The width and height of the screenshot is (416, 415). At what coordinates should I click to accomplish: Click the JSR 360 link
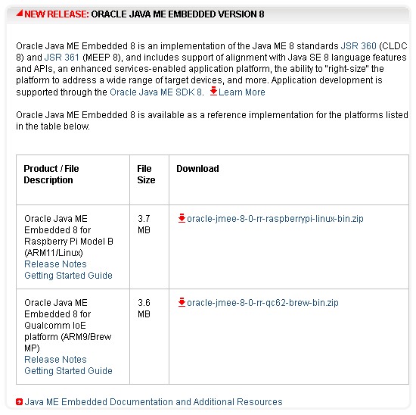359,46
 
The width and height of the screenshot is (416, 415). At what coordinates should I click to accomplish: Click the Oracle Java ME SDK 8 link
157,92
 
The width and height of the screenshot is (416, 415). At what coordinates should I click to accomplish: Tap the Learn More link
242,92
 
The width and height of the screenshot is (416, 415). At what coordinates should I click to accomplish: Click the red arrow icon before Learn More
213,91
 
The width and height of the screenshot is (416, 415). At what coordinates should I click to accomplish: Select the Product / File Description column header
51,174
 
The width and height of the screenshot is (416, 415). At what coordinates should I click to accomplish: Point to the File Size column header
146,174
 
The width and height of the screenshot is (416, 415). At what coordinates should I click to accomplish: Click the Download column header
197,169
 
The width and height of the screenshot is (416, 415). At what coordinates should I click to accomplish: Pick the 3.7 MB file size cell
144,224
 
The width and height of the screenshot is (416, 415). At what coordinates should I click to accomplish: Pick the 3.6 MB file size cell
144,308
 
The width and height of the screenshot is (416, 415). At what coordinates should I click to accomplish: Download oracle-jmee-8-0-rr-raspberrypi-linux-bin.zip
275,219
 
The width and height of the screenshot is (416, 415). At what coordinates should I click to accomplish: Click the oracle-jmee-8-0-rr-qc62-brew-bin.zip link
262,303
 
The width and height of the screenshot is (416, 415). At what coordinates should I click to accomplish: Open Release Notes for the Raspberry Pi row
55,264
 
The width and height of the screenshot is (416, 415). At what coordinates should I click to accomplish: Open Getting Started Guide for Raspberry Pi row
68,276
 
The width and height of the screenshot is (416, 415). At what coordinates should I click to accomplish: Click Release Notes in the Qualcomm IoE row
55,360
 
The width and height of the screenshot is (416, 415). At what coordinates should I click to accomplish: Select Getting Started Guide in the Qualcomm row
68,371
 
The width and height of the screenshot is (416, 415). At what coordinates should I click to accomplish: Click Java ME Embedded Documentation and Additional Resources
154,402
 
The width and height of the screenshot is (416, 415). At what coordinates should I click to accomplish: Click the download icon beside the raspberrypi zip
182,218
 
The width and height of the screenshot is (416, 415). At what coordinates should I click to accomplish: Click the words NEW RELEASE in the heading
57,14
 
